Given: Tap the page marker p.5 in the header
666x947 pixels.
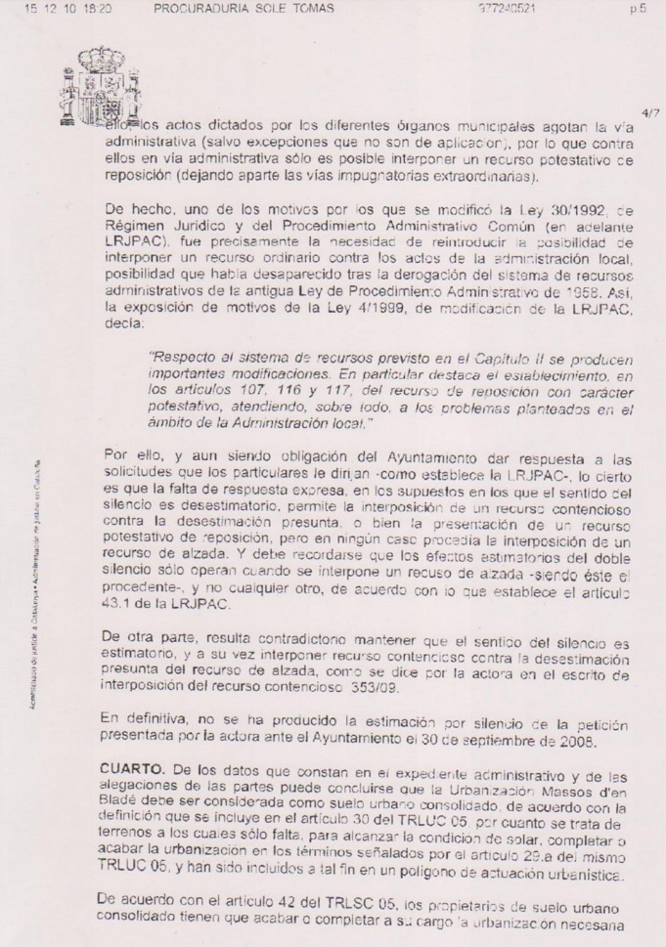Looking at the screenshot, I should click(637, 9).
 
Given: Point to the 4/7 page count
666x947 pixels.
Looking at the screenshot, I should click(651, 113).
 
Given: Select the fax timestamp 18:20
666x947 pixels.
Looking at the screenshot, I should click(97, 9).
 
